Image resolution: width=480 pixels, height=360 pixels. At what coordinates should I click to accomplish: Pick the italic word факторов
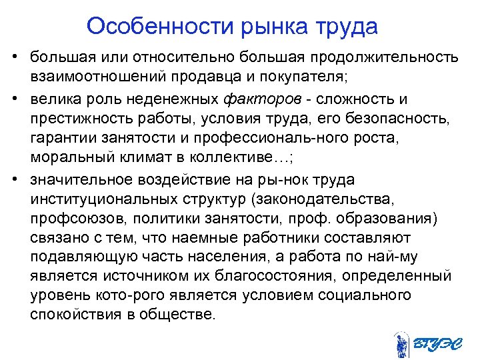tap(257, 100)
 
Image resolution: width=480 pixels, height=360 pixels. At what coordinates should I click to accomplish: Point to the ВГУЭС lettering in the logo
tap(436, 345)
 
